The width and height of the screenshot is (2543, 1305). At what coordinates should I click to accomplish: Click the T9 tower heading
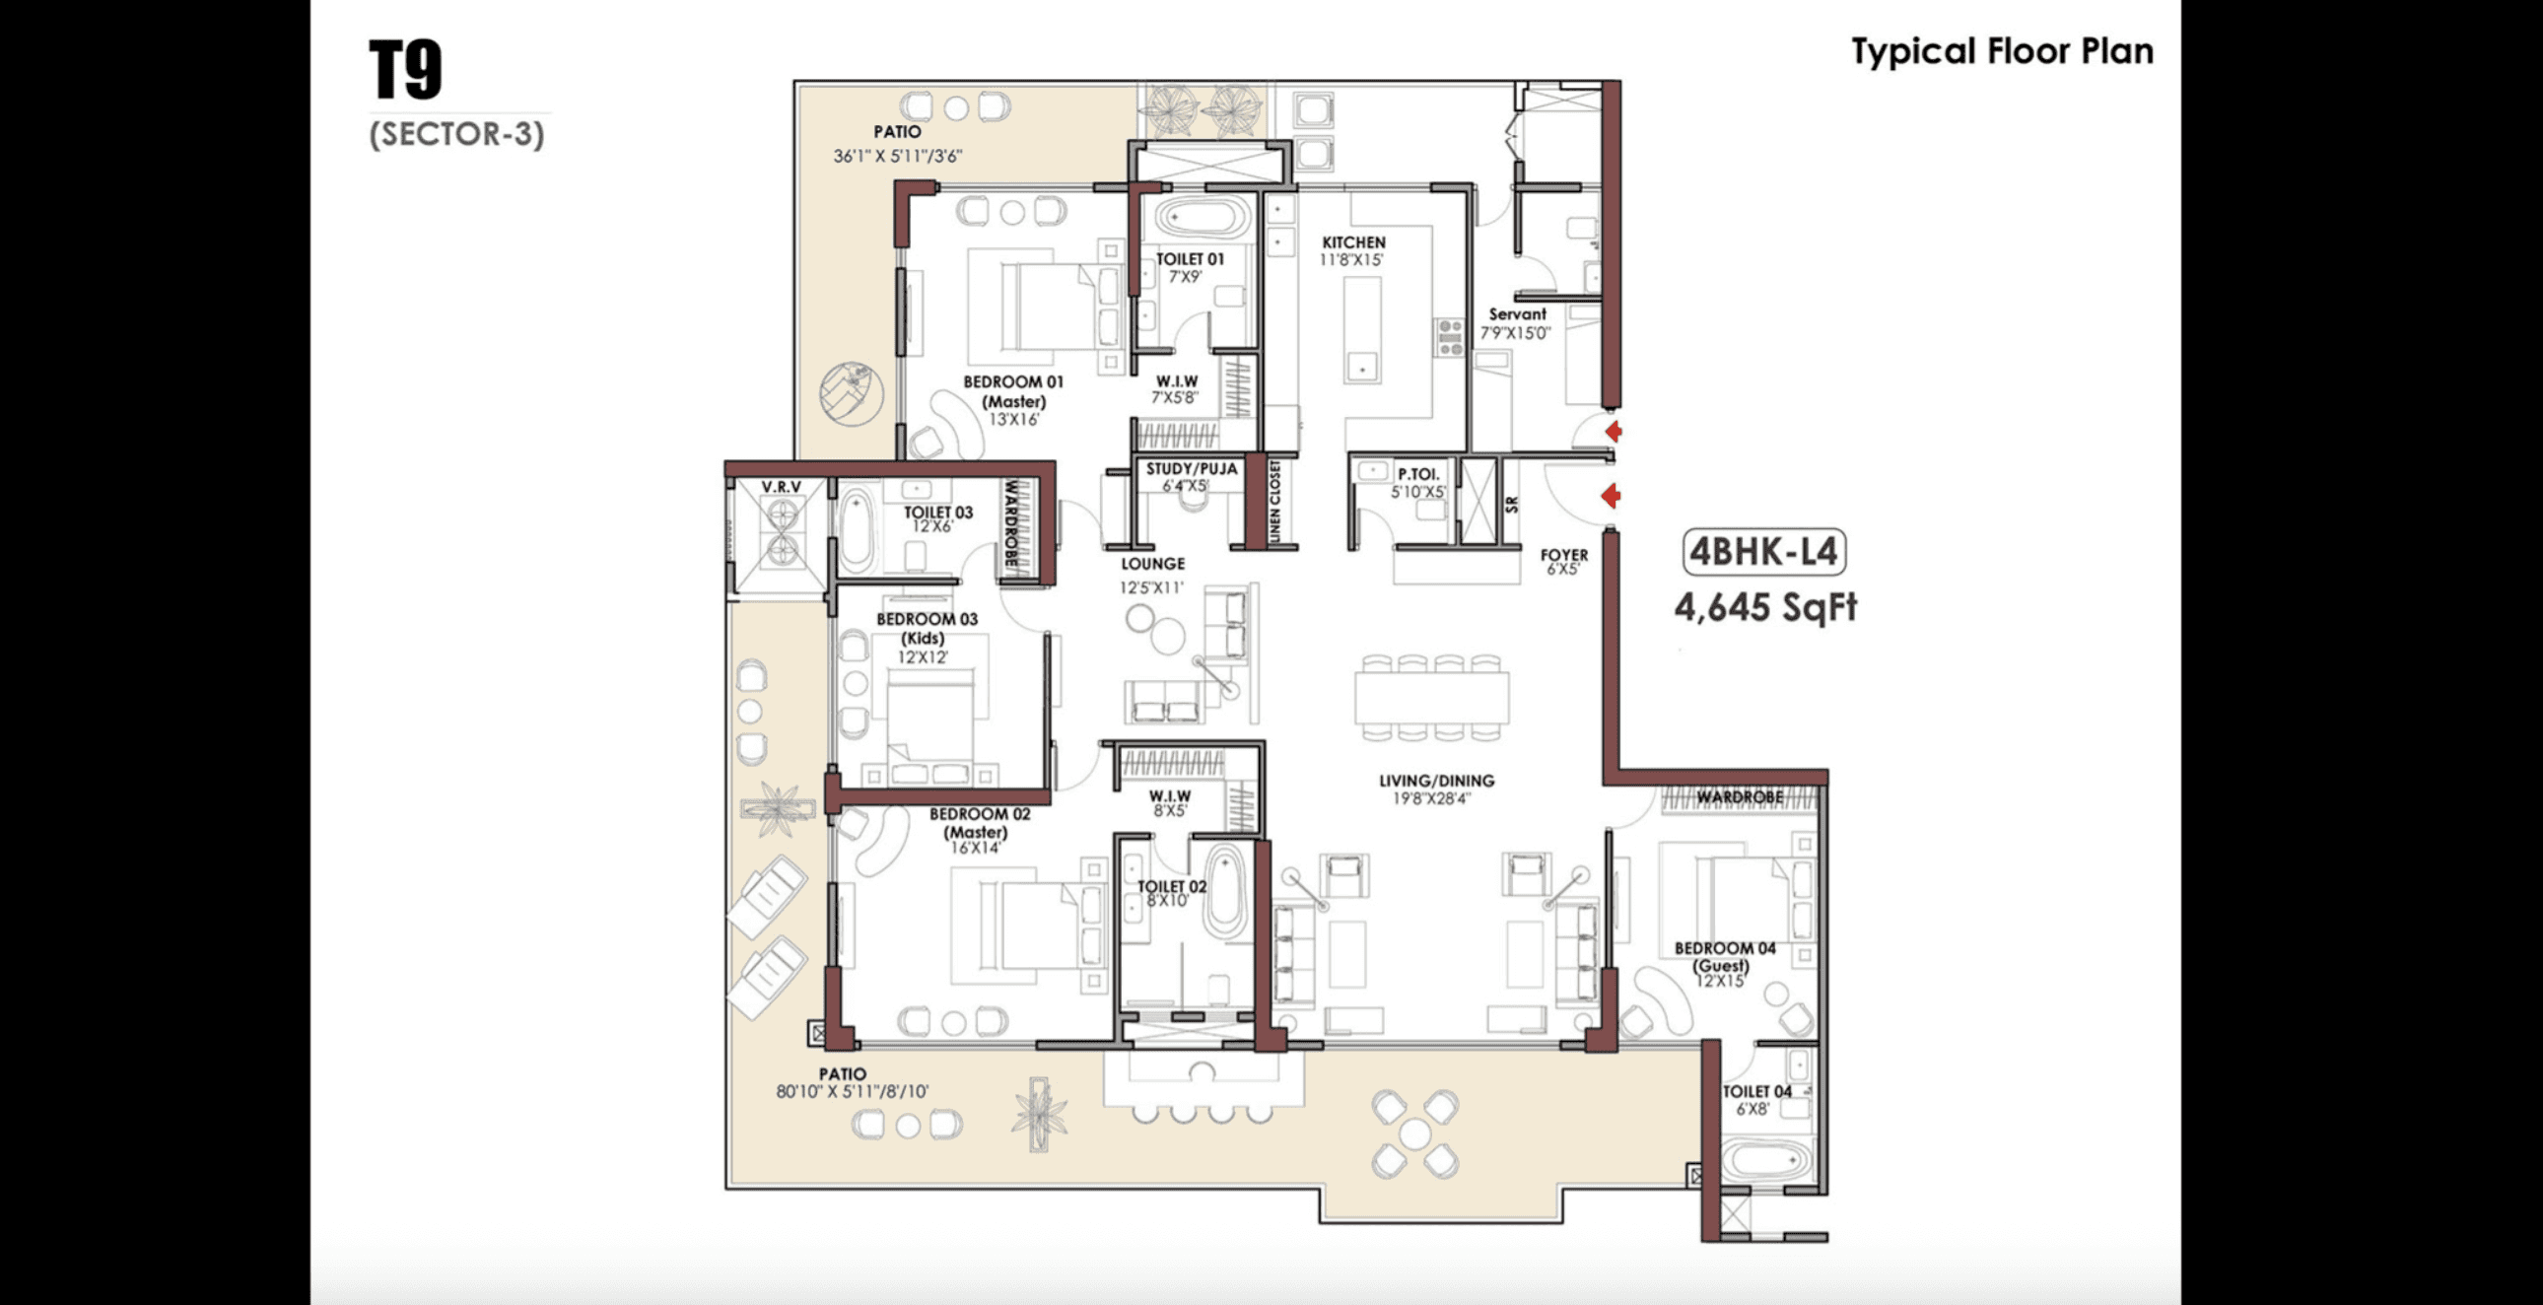406,69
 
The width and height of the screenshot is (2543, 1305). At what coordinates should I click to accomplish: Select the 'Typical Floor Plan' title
2002,51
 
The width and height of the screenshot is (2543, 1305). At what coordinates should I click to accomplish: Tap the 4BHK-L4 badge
1764,551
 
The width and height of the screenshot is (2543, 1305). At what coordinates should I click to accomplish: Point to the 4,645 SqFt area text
1765,606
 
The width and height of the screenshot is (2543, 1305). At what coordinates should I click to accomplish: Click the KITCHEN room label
1353,241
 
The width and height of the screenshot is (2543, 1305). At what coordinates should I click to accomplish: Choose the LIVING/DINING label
1436,780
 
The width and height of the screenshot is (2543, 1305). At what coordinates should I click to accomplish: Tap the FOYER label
1563,555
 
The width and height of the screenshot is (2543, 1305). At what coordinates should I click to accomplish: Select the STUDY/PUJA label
1191,469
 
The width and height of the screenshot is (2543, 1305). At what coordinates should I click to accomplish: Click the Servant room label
1517,313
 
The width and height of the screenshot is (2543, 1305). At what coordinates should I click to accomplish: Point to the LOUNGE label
1152,564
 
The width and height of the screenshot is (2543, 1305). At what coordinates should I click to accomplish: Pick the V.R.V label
781,487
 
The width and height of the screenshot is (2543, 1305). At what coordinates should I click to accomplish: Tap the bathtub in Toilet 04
1767,1162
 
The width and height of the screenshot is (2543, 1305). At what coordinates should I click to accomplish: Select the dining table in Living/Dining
1431,697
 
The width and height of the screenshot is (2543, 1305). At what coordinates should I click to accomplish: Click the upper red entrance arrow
1613,432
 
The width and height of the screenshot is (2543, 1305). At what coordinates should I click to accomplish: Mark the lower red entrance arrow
1611,496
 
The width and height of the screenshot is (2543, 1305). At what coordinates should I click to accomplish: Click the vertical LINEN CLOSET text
1274,501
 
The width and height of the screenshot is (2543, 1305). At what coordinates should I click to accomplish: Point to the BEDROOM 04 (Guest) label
1724,956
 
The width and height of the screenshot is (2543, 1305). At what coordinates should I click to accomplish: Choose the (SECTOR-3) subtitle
457,133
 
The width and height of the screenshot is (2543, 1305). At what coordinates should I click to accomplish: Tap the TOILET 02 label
1172,886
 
